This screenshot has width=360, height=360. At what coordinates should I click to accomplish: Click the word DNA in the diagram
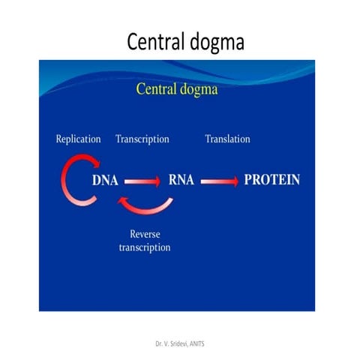click(106, 181)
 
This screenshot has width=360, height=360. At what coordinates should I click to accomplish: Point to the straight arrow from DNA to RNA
click(143, 181)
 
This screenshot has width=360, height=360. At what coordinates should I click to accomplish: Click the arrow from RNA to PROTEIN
click(218, 181)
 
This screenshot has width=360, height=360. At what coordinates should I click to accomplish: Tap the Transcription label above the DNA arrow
click(142, 139)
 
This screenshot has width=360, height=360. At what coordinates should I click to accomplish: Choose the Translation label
click(227, 139)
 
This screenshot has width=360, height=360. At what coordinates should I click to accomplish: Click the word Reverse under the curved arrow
click(145, 234)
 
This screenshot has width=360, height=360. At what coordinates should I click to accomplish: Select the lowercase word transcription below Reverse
click(145, 247)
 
